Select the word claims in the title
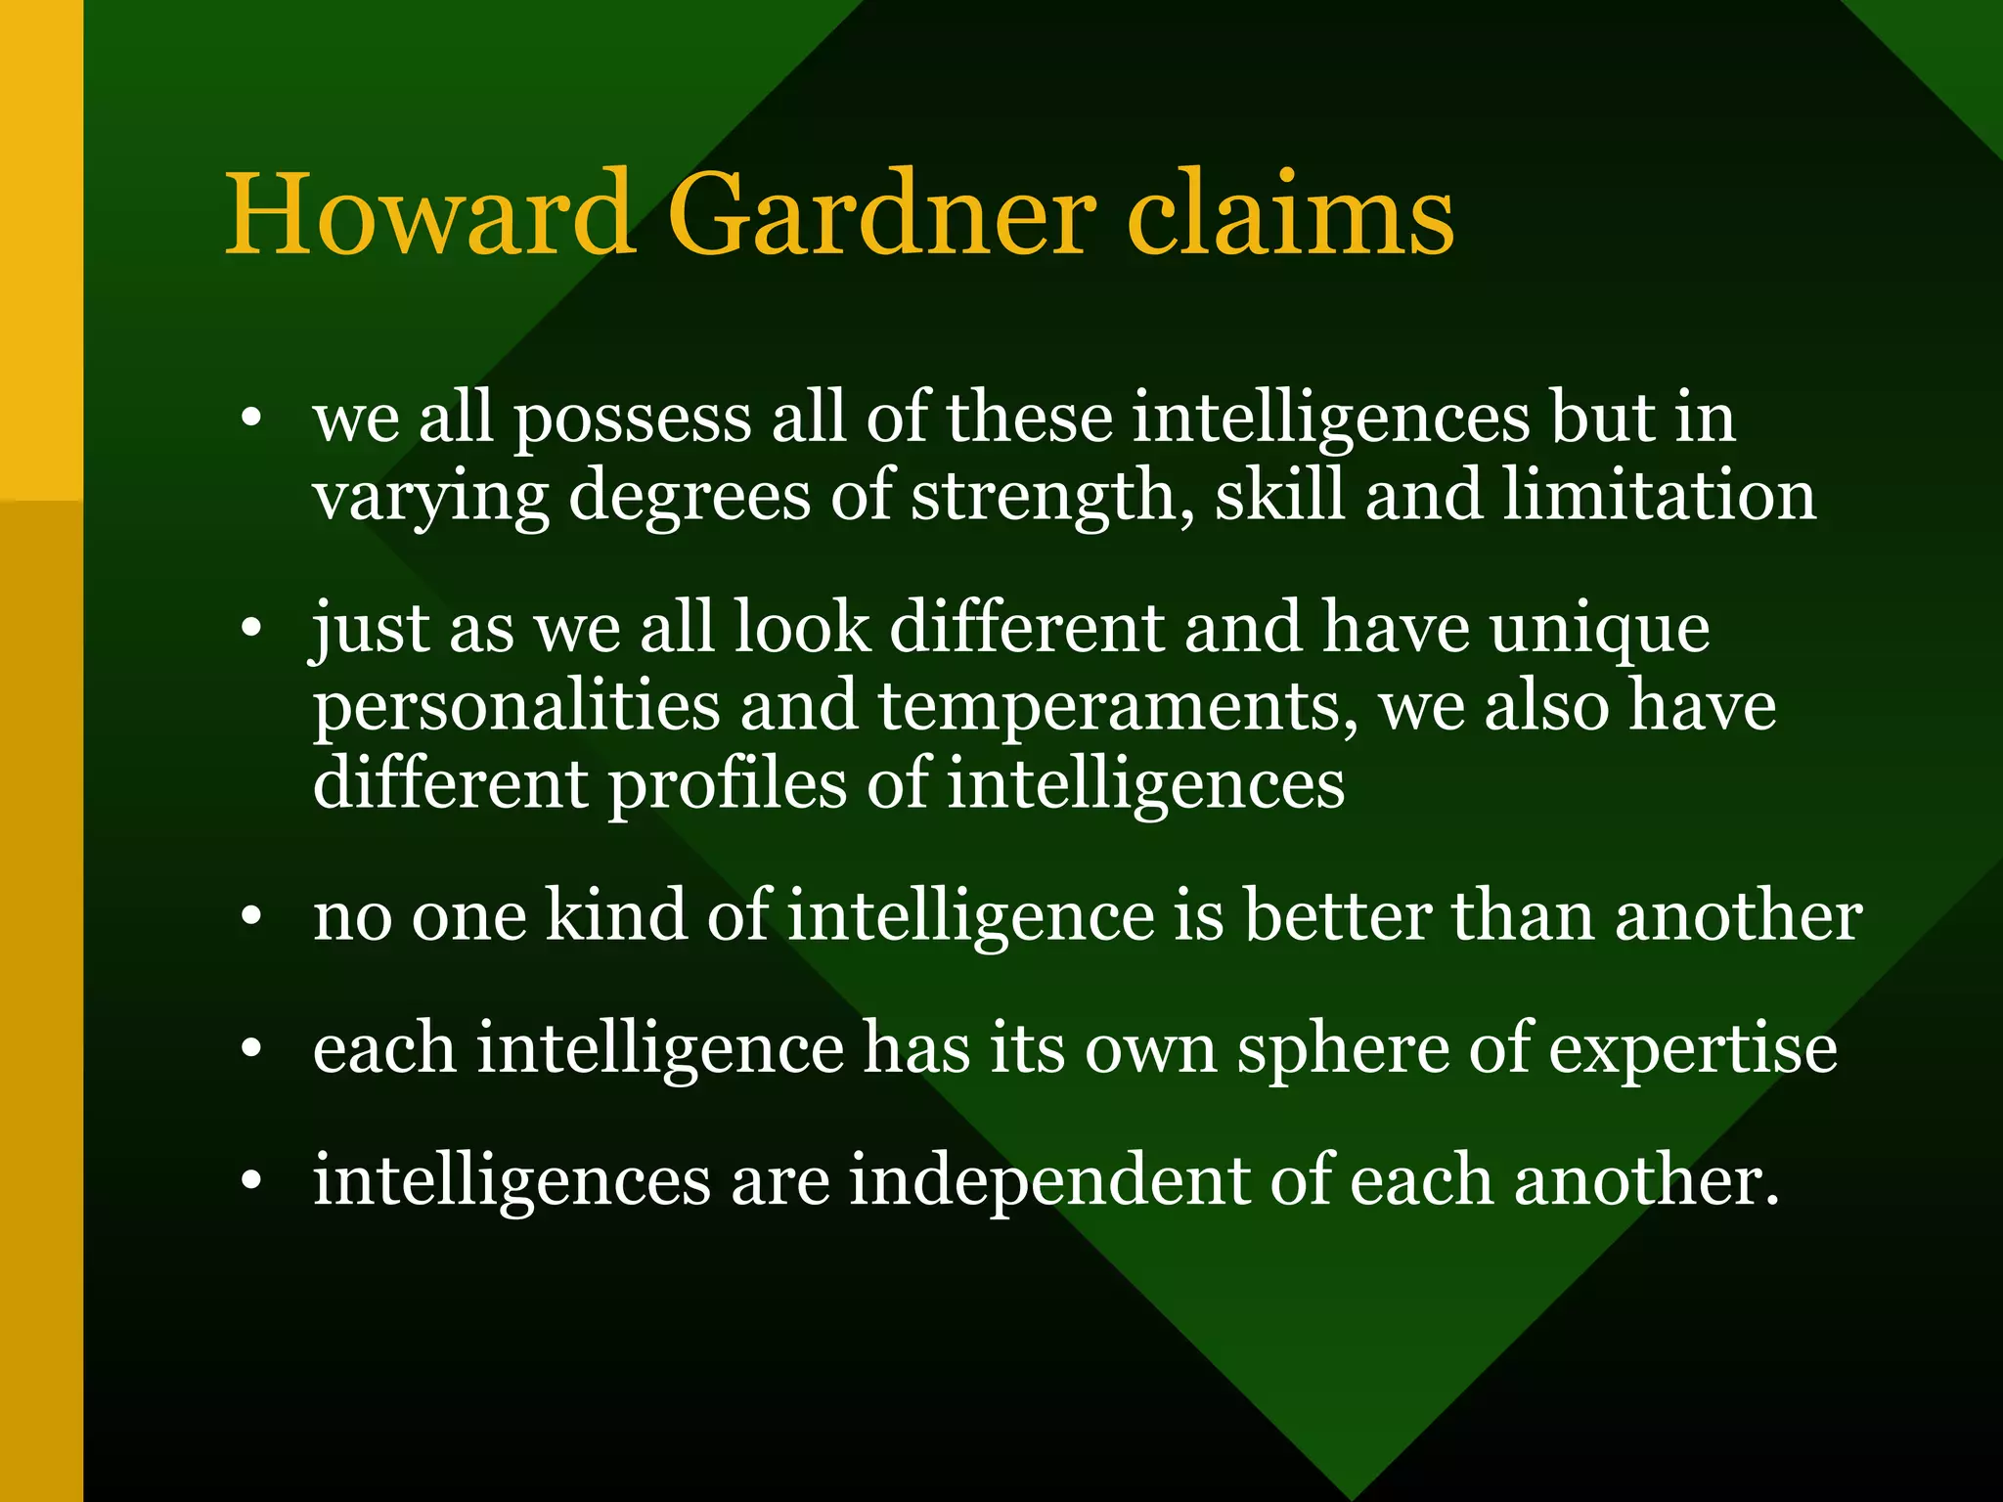click(1290, 214)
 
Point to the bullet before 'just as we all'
click(251, 630)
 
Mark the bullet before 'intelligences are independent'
click(251, 1182)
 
